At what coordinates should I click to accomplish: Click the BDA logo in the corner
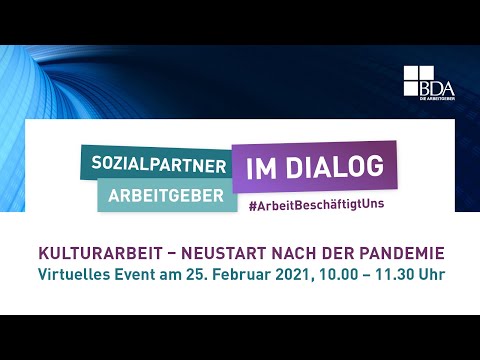click(x=428, y=82)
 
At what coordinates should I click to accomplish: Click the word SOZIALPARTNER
click(x=155, y=162)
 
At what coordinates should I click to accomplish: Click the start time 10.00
click(x=343, y=271)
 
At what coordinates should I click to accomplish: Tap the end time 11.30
click(x=402, y=271)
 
